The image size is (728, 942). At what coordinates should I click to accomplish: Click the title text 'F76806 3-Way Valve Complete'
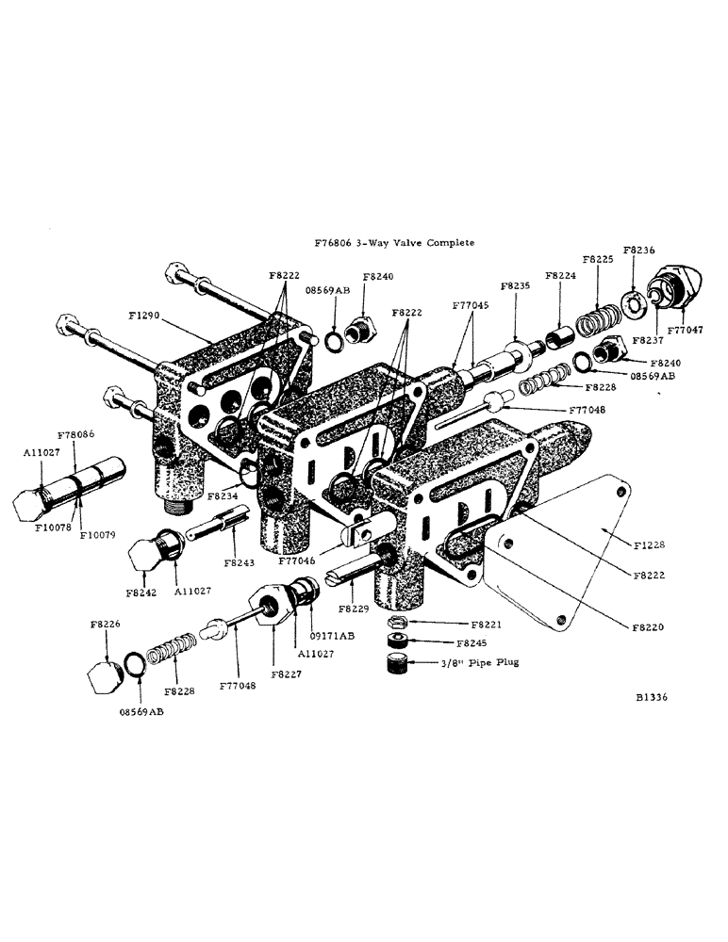point(394,242)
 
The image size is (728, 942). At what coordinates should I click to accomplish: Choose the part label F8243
point(241,562)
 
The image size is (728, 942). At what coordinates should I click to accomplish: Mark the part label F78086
point(75,435)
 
